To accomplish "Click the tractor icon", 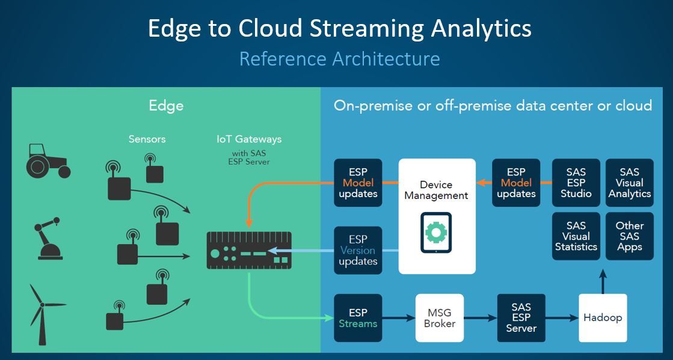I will tap(48, 160).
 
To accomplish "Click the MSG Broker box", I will tap(440, 318).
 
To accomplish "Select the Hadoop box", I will tap(603, 318).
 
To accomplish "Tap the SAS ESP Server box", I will tap(521, 318).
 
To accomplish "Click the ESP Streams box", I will tap(358, 318).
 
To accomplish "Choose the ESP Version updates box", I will tap(358, 251).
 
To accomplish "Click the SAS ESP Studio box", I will tap(576, 183).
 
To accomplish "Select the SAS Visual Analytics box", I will tap(629, 183).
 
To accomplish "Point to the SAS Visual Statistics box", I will tap(576, 236).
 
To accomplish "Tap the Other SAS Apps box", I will tap(629, 236).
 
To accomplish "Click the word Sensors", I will tap(147, 139).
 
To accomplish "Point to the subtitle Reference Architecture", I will tap(339, 59).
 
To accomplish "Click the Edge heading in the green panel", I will tap(166, 106).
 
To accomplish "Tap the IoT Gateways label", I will tap(249, 139).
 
